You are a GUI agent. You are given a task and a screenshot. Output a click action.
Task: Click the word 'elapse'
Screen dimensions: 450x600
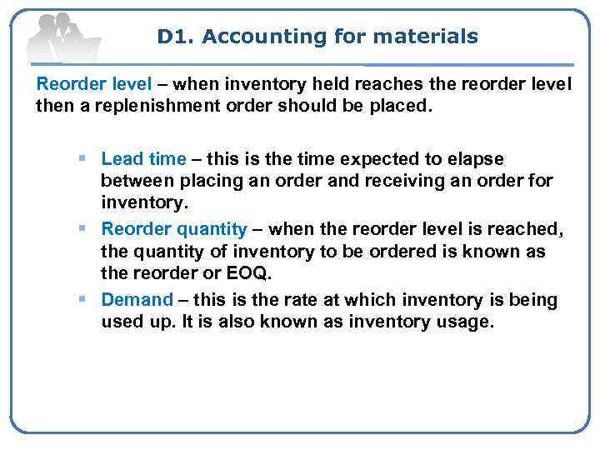479,158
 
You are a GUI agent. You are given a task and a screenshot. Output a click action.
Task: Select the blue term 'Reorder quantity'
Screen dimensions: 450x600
173,229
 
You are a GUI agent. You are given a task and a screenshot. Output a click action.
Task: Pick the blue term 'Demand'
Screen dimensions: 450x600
137,300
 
